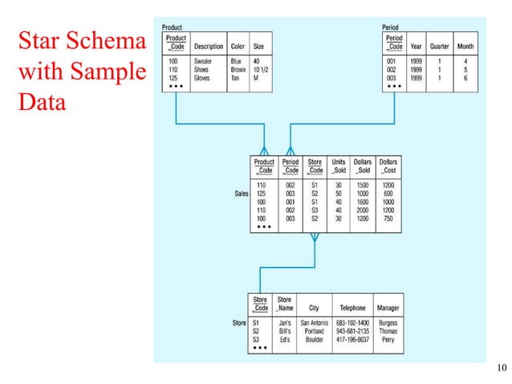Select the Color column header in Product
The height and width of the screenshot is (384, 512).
pos(238,46)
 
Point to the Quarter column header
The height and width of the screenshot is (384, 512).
pos(439,46)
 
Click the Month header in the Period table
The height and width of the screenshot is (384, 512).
pos(465,46)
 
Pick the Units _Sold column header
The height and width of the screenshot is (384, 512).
pos(339,165)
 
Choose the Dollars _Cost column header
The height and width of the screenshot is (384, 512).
pos(388,165)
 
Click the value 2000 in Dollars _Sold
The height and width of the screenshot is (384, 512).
pos(364,210)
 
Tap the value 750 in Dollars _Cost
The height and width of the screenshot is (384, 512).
pos(388,218)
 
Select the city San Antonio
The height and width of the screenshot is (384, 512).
pos(314,323)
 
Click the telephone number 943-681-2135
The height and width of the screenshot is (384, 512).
pos(352,330)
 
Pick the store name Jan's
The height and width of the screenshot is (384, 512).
pos(284,323)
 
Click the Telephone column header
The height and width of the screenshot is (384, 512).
pos(352,308)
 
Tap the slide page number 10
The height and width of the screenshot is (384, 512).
pos(502,369)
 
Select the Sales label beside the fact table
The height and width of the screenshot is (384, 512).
pos(242,194)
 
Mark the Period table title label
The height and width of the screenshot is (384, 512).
pos(392,27)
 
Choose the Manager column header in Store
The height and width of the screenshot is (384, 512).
pos(388,308)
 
